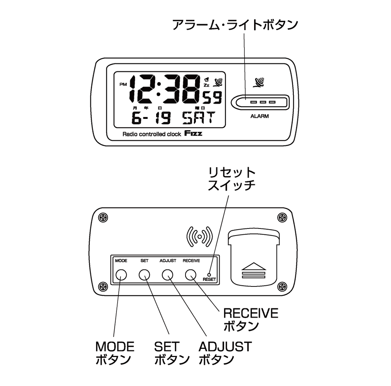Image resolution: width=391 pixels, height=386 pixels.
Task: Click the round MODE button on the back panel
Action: pyautogui.click(x=121, y=274)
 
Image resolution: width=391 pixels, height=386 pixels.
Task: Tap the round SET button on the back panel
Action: pyautogui.click(x=145, y=274)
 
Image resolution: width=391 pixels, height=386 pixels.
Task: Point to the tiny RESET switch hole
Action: pyautogui.click(x=209, y=273)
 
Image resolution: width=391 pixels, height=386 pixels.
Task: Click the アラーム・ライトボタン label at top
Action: pyautogui.click(x=235, y=25)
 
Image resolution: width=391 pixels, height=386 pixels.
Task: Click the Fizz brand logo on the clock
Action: pyautogui.click(x=193, y=134)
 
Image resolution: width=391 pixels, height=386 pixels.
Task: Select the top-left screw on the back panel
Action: pyautogui.click(x=102, y=217)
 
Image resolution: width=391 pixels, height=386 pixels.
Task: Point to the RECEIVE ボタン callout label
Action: pyautogui.click(x=251, y=320)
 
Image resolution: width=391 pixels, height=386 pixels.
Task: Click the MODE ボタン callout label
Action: pyautogui.click(x=115, y=353)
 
